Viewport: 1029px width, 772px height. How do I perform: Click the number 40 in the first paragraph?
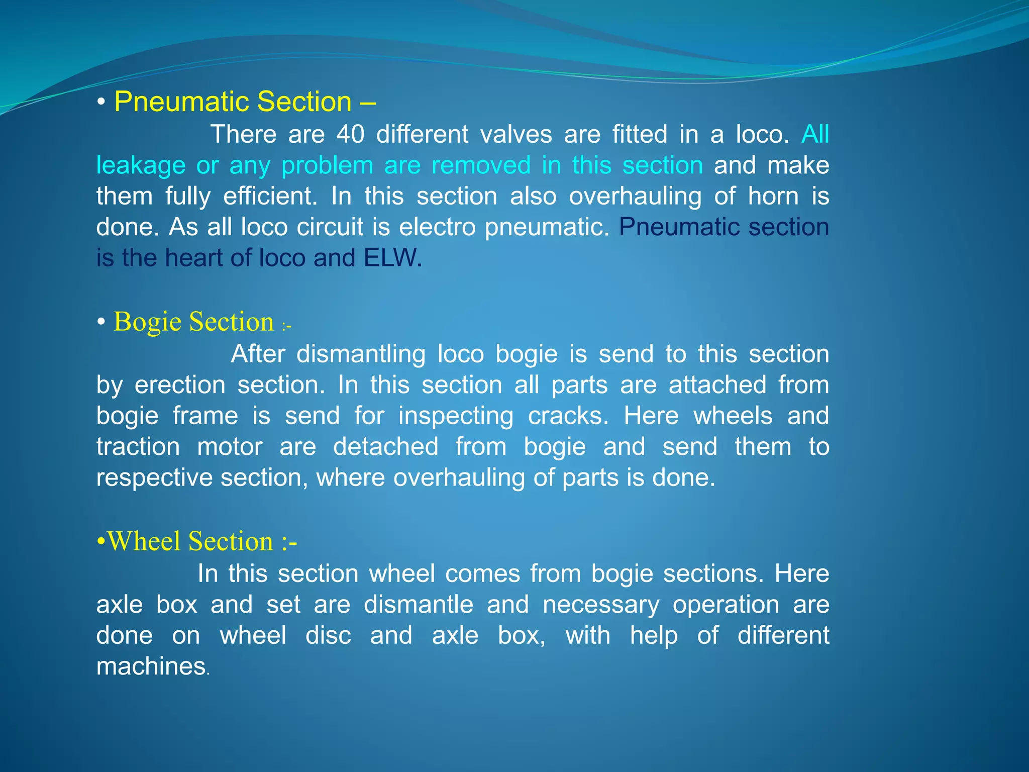click(350, 135)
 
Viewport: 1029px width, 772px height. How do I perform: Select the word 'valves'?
click(516, 135)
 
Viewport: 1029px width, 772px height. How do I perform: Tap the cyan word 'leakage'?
click(141, 166)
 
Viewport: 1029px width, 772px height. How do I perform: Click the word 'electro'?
click(437, 227)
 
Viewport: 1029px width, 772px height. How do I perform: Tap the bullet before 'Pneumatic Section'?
click(101, 103)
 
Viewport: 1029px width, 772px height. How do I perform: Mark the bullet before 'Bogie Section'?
click(101, 322)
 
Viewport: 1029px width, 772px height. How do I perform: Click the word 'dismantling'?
click(361, 354)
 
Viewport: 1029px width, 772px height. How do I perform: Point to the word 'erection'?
click(180, 385)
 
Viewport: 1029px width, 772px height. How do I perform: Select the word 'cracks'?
click(566, 416)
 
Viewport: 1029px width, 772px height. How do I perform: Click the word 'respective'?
click(154, 478)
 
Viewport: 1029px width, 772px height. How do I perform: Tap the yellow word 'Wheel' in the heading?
click(144, 542)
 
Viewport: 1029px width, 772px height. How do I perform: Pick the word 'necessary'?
click(601, 605)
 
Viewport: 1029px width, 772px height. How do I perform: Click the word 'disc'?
click(328, 636)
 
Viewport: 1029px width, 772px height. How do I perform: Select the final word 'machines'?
click(151, 667)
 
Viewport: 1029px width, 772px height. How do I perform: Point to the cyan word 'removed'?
click(481, 166)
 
